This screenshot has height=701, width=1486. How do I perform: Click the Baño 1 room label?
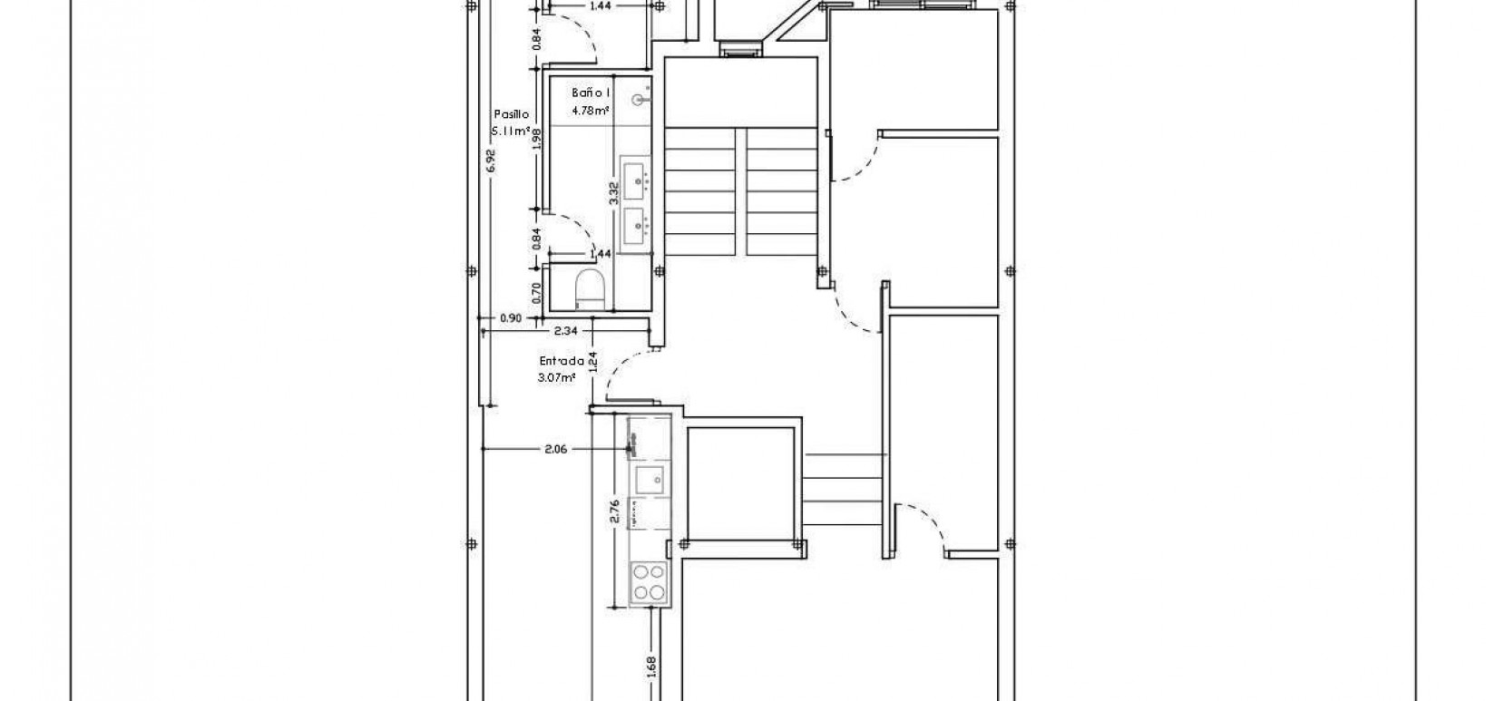(591, 93)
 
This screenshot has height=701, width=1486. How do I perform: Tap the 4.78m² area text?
(590, 112)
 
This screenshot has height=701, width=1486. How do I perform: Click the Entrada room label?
(562, 360)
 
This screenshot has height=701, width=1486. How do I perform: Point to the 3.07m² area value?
(557, 377)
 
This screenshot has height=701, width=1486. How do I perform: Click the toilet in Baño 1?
(591, 288)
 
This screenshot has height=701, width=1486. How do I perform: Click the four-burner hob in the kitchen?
(649, 581)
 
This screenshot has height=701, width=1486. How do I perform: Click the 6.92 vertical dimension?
(491, 161)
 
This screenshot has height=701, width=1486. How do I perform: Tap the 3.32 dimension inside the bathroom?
(613, 191)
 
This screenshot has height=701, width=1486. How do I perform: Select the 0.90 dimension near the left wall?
(511, 318)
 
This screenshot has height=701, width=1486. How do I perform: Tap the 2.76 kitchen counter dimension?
(614, 511)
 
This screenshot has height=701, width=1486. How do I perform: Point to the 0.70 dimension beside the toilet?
(536, 291)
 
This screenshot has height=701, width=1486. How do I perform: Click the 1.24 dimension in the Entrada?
(591, 361)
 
